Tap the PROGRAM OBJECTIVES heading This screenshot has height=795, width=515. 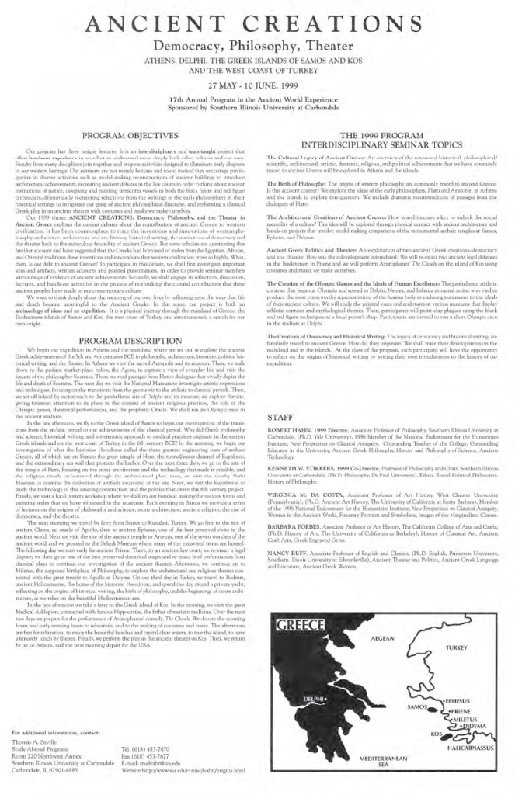(x=136, y=134)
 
